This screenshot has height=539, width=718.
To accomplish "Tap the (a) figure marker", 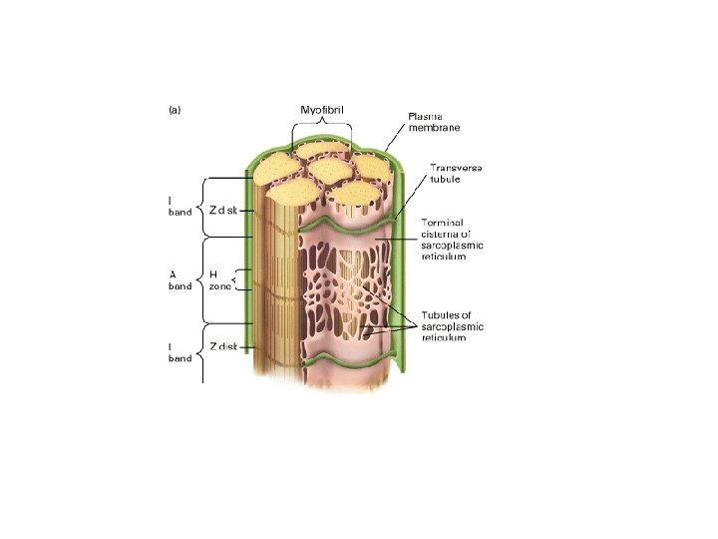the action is (175, 111).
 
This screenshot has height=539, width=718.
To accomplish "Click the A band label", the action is (179, 279).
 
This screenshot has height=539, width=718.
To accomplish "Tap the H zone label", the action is (220, 279).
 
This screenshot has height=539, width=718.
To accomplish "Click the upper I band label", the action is (179, 206).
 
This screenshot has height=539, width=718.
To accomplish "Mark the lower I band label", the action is (179, 352).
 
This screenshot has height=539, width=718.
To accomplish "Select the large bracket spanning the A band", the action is (202, 279).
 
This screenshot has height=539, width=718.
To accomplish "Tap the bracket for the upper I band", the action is (202, 207).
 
